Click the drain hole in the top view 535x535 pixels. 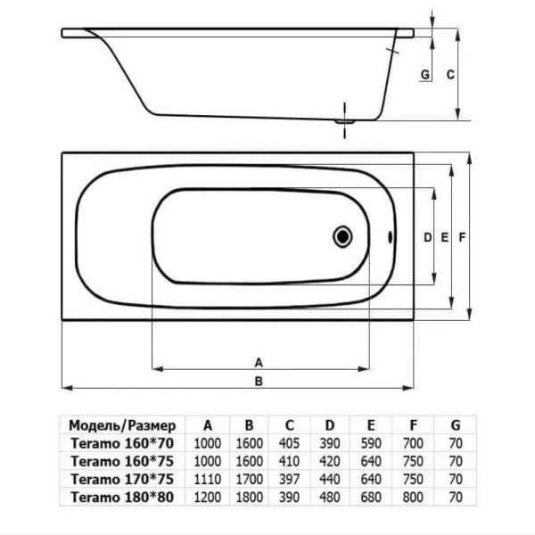coord(342,236)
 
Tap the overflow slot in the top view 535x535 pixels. coord(391,237)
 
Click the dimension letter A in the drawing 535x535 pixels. coord(259,362)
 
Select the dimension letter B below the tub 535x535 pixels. coord(259,381)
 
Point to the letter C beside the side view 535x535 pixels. coord(450,74)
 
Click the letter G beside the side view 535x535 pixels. coord(425,74)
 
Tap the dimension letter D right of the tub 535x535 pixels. coord(427,237)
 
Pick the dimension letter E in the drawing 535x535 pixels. coord(444,237)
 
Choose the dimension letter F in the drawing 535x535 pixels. coord(462,237)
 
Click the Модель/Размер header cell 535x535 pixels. coord(122,425)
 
